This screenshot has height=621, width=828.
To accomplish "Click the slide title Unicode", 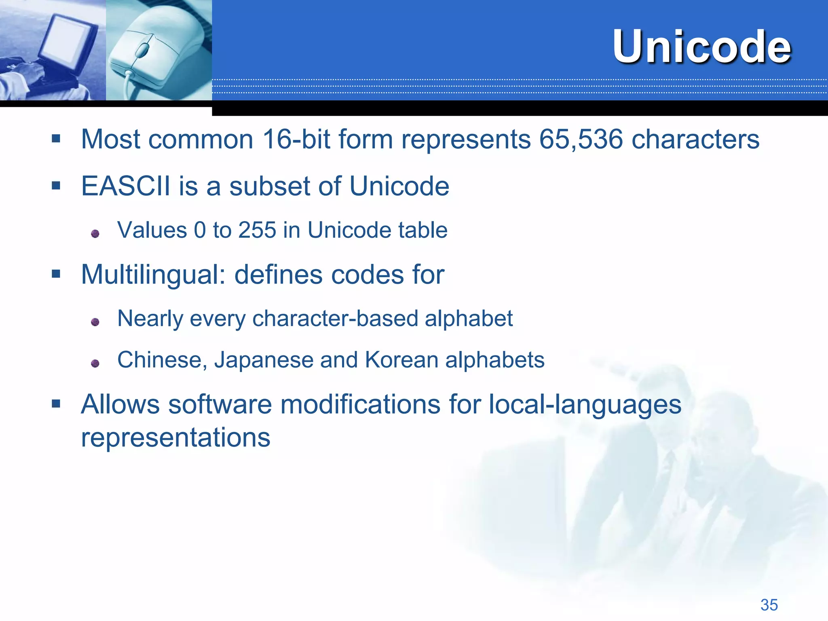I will pos(701,47).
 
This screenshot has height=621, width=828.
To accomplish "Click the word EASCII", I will pos(125,186).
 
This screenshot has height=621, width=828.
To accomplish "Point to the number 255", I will pos(257,230).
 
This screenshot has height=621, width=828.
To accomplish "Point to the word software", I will pos(220,404).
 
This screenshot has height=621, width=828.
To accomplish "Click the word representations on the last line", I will pos(175,438).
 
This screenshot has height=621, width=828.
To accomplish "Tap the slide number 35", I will pos(769,605).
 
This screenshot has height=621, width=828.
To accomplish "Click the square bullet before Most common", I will pos(56,139).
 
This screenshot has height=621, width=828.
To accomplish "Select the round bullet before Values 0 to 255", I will pos(95,234).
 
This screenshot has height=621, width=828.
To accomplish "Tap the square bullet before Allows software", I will pos(56,403).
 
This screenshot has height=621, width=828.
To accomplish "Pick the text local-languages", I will pos(585,404).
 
